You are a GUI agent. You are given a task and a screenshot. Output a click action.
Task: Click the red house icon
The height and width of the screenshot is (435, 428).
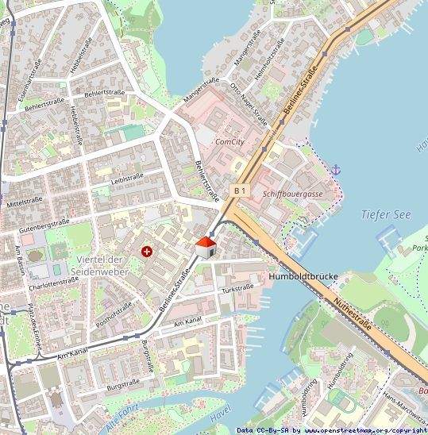[x=206, y=246]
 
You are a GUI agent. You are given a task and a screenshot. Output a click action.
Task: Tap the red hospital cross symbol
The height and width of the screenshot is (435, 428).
[x=146, y=252]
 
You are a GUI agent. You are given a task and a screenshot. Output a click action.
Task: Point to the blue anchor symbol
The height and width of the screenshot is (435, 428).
[x=336, y=169]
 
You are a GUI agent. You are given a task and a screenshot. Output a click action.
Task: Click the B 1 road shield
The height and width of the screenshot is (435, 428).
[x=241, y=191]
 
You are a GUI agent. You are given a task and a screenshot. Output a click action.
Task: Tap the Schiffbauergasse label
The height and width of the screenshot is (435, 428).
[x=293, y=194]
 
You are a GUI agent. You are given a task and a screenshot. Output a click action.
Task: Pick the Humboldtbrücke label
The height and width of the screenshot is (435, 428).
[x=304, y=277]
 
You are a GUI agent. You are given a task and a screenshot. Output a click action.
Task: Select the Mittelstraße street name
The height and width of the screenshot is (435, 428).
[x=23, y=202]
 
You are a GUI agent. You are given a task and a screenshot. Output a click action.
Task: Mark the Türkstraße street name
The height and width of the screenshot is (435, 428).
[x=238, y=288]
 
